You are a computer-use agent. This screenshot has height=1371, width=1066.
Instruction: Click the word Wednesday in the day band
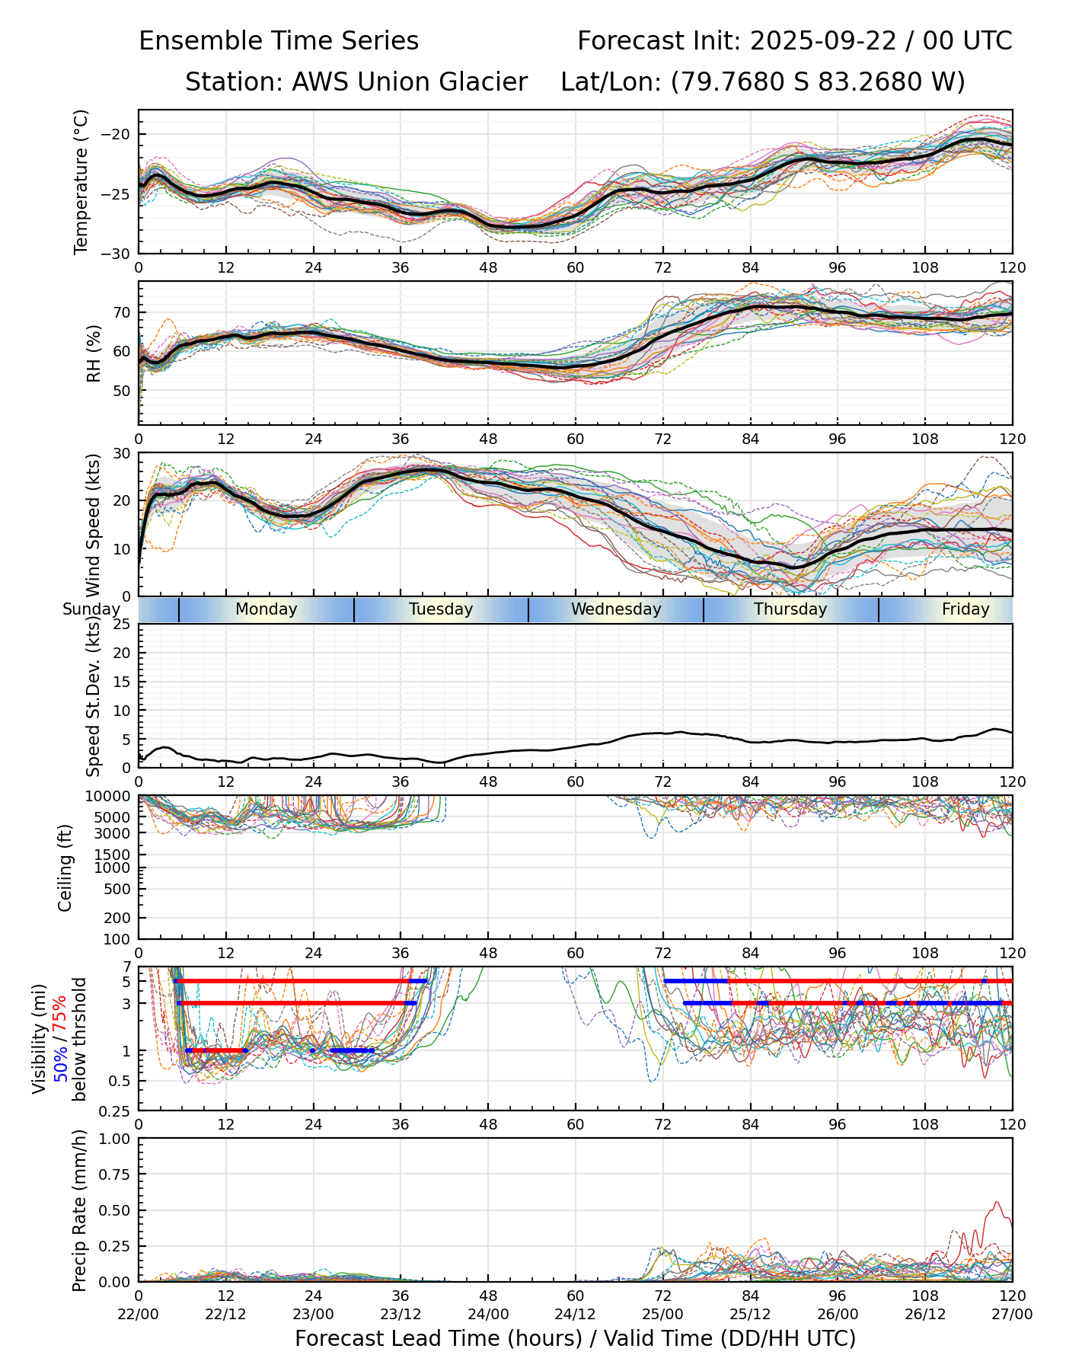[616, 609]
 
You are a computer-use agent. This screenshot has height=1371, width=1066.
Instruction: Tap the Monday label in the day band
[266, 609]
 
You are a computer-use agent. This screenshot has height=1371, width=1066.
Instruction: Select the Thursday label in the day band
[790, 609]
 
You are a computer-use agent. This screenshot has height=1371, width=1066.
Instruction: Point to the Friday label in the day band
[965, 609]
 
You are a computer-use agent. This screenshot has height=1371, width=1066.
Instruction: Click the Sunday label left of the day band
[91, 609]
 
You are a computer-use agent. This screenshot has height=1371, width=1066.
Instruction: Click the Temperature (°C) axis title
[81, 181]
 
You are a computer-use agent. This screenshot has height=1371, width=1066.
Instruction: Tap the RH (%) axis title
[94, 353]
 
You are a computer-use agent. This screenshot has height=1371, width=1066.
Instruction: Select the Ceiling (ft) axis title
[65, 868]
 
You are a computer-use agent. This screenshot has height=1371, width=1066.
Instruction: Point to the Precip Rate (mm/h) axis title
[79, 1210]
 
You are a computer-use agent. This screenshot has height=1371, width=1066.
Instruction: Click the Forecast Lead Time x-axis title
[575, 1338]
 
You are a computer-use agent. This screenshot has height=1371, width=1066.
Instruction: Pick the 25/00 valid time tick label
[662, 1315]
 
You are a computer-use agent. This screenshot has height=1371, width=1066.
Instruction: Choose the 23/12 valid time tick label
[401, 1315]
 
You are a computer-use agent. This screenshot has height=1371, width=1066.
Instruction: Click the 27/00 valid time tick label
[1012, 1315]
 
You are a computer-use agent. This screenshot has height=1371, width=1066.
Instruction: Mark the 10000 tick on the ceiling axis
[110, 796]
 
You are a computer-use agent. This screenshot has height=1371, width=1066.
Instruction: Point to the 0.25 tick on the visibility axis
[116, 1111]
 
